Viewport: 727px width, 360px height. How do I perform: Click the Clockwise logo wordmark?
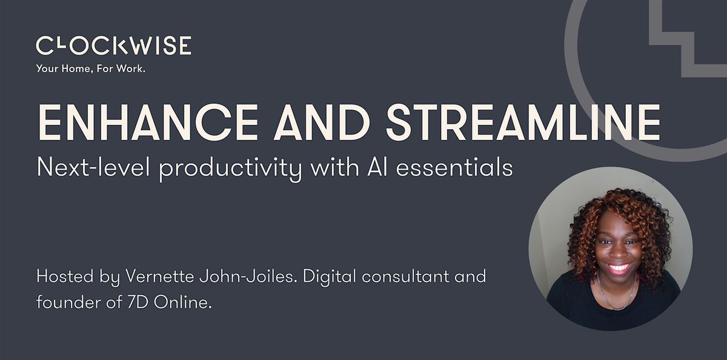(114, 45)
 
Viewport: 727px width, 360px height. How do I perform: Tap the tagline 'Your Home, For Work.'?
(90, 69)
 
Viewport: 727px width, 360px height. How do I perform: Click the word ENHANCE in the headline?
(148, 122)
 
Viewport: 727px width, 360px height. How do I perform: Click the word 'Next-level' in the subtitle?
(93, 167)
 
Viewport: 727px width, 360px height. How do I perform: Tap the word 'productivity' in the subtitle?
(231, 170)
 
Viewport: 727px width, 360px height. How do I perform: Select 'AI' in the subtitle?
(377, 168)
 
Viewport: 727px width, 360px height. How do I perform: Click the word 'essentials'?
(454, 167)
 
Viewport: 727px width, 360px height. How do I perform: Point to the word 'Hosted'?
(65, 276)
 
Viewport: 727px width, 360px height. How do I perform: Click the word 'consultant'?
(406, 277)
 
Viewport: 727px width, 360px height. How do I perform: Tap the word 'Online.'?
(183, 302)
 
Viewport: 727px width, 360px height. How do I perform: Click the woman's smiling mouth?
(619, 268)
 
